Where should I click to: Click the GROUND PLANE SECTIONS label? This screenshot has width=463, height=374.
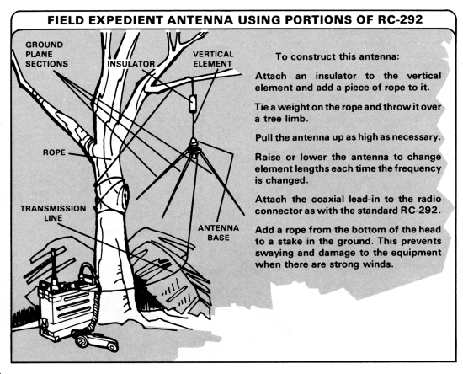(46, 55)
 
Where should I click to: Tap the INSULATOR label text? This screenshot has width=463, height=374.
(130, 64)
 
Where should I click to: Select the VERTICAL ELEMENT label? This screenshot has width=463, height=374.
(213, 59)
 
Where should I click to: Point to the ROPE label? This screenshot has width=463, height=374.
(54, 152)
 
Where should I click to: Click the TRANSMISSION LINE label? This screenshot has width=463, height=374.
(53, 213)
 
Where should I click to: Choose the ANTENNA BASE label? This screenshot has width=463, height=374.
(218, 232)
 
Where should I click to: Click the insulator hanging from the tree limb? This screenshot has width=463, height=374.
(193, 103)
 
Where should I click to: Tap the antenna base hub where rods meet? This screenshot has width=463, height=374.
(193, 147)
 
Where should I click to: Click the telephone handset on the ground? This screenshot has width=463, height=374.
(96, 340)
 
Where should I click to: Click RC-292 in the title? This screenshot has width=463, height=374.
(401, 19)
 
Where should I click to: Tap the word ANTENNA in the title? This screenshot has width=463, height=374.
(200, 20)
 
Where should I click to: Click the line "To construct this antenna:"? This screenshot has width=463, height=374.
(337, 56)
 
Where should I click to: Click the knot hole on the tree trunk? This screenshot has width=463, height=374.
(126, 194)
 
